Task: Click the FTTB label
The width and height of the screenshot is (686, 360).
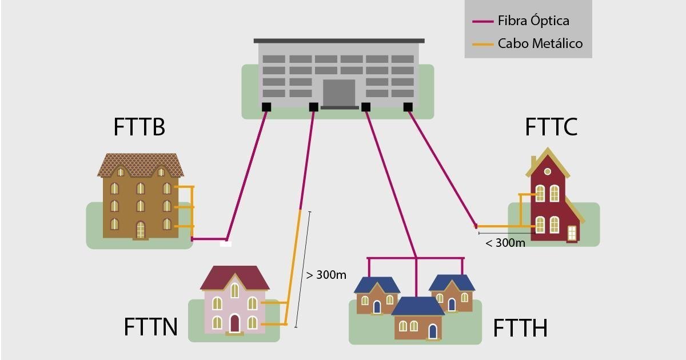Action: tap(139, 127)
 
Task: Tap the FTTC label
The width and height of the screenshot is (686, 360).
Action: tap(551, 127)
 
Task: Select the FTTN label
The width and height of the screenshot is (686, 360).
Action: tap(150, 327)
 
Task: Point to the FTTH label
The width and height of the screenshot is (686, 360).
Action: tap(520, 329)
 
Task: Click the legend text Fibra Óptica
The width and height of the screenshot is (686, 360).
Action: tap(533, 21)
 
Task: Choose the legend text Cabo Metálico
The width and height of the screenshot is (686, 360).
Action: tap(540, 43)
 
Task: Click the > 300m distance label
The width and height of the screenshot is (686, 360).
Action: tap(326, 275)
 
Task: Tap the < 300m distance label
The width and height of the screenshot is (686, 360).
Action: tap(505, 243)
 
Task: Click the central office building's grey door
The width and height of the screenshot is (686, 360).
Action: tap(339, 93)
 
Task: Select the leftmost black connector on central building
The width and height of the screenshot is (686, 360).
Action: tap(266, 107)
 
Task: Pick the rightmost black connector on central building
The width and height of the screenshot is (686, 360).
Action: tap(408, 107)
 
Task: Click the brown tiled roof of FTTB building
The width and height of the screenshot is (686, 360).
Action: tap(140, 165)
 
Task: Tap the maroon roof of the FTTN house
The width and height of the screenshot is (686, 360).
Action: tap(234, 278)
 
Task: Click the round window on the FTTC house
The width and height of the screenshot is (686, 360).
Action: tap(547, 171)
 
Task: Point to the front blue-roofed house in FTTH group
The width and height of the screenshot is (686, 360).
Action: tap(418, 320)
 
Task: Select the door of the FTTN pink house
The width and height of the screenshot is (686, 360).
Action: tap(234, 323)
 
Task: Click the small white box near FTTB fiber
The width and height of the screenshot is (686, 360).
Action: tap(226, 244)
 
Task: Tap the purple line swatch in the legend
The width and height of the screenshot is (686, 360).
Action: tap(482, 22)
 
